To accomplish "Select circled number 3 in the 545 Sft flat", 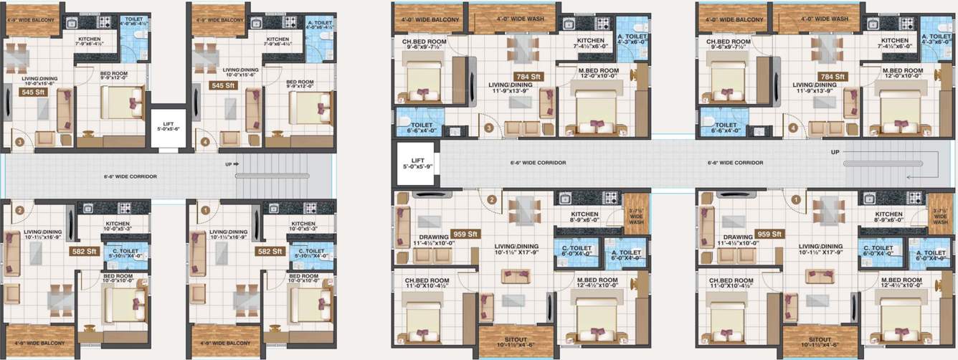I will [20, 142].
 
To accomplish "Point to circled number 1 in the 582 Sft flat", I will [205, 210].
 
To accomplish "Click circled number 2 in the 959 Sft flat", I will [491, 200].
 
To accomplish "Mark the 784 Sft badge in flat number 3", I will [526, 76].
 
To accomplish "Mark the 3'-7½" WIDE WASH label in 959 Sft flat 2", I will [632, 214].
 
